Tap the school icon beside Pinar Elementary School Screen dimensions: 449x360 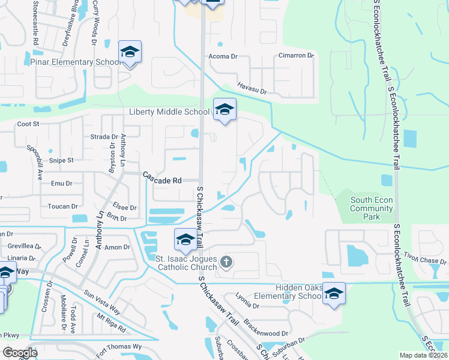129,52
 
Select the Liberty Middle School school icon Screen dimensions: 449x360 224,110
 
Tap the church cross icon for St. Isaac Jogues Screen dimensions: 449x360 226,261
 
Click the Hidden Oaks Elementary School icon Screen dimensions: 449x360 334,293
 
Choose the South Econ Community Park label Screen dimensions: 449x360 372,205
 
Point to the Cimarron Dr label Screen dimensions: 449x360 296,56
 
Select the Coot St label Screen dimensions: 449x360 28,124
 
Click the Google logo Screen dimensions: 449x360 19,353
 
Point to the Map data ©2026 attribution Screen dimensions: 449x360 424,355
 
